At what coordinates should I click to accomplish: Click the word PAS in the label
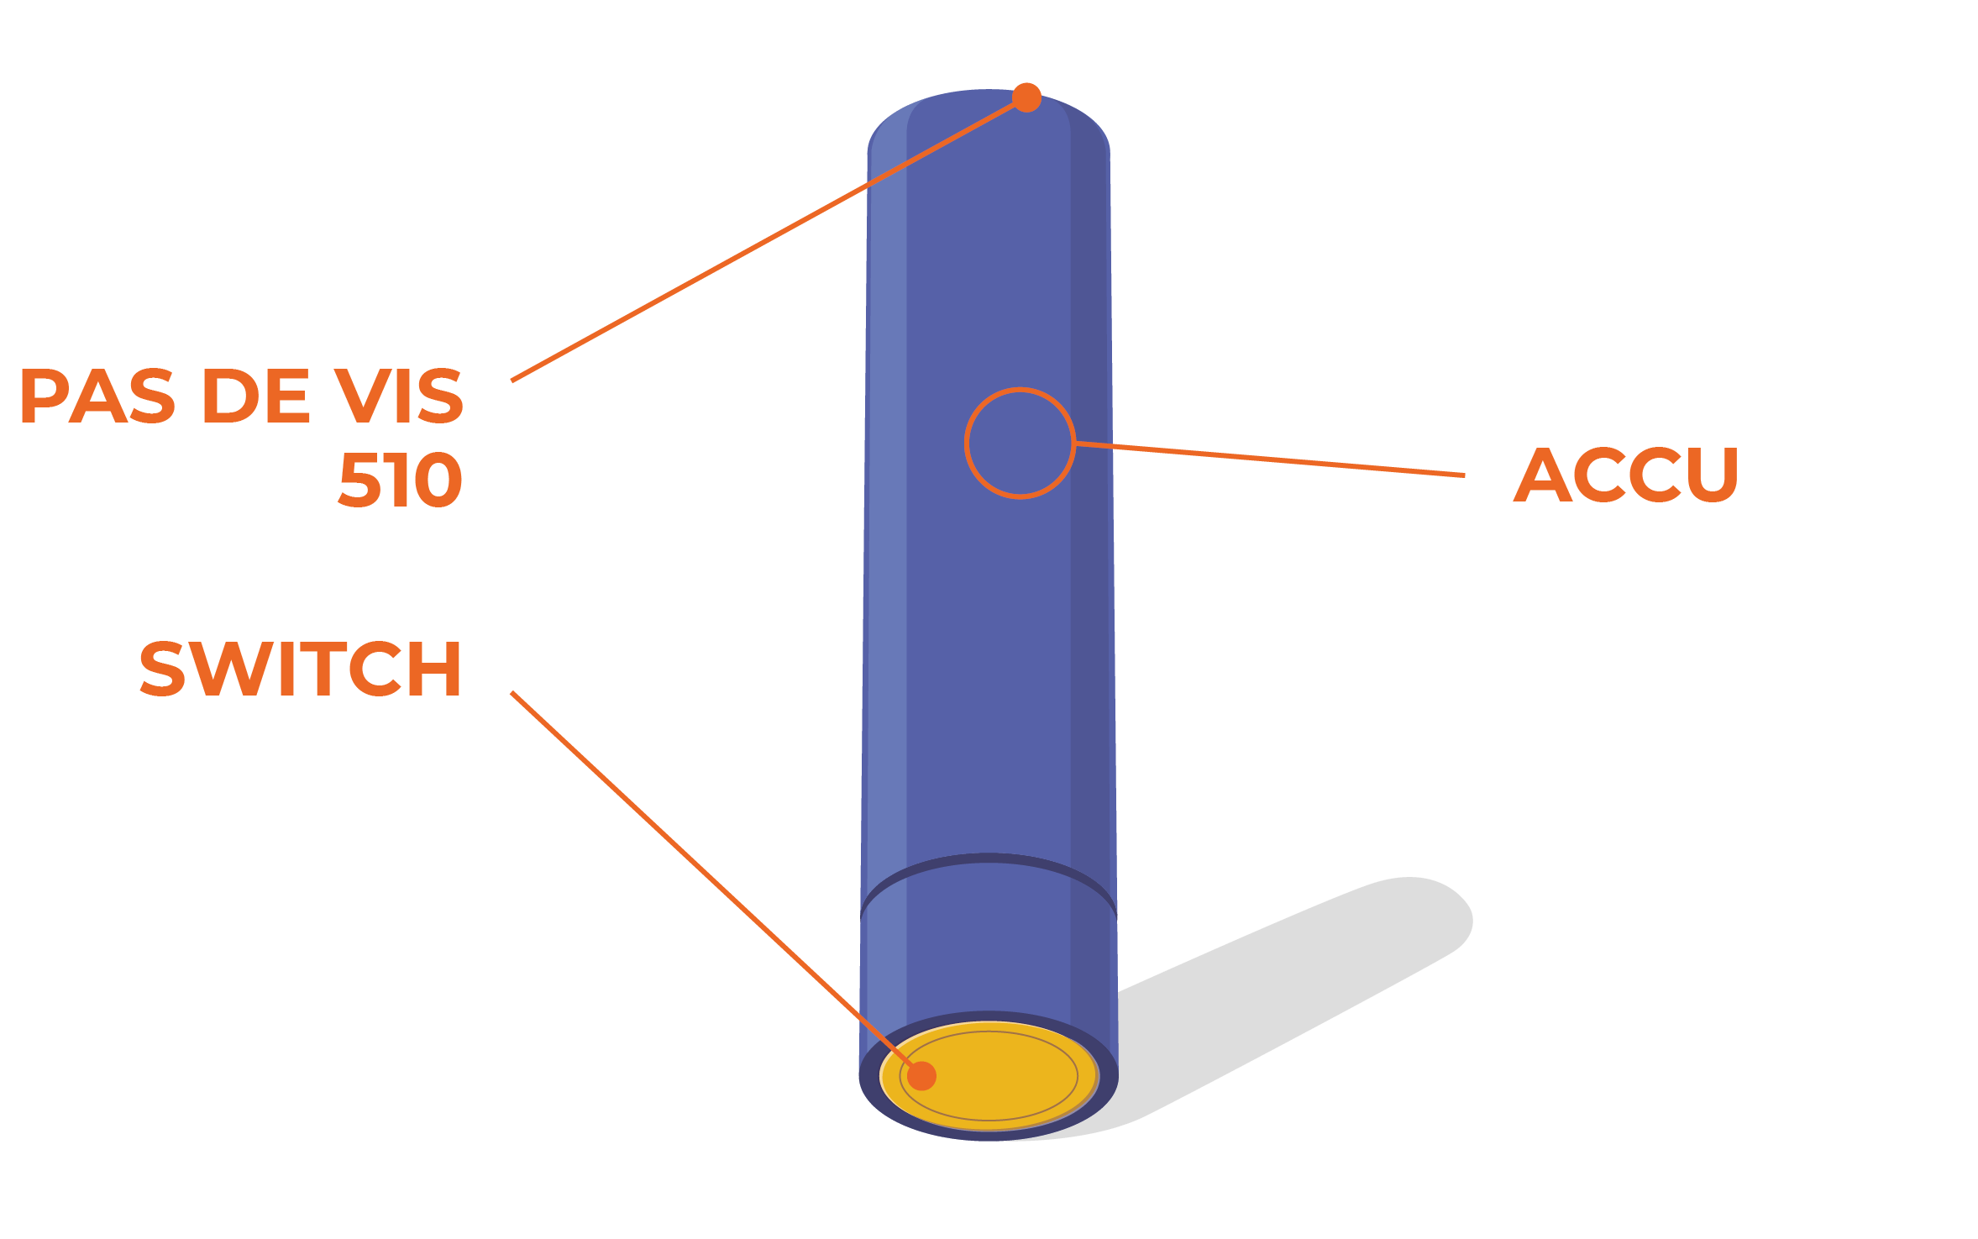tap(97, 396)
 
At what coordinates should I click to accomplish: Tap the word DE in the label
tap(255, 396)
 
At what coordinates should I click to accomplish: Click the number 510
tap(400, 480)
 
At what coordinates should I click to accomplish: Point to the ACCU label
tap(1625, 475)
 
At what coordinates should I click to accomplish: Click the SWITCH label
tap(300, 669)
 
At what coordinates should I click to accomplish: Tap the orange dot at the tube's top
tap(1026, 97)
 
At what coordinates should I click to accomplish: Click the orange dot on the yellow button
tap(921, 1075)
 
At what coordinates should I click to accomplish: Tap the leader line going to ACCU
tap(1268, 459)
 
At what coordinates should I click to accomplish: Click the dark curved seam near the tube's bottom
tap(989, 858)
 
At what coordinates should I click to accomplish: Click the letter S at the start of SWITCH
tap(161, 669)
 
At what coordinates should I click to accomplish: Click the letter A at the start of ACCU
tap(1542, 475)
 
